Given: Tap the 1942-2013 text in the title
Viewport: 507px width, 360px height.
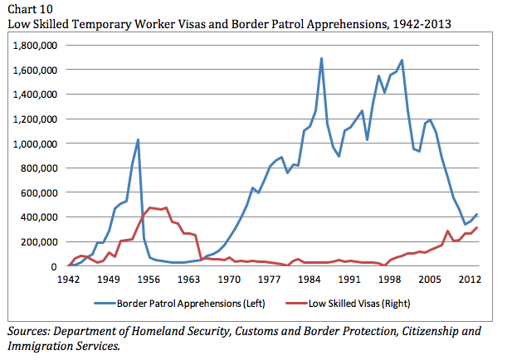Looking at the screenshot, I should (421, 23).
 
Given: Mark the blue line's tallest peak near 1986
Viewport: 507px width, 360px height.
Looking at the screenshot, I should (321, 59).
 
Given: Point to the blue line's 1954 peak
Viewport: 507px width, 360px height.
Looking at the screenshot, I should (138, 139).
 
